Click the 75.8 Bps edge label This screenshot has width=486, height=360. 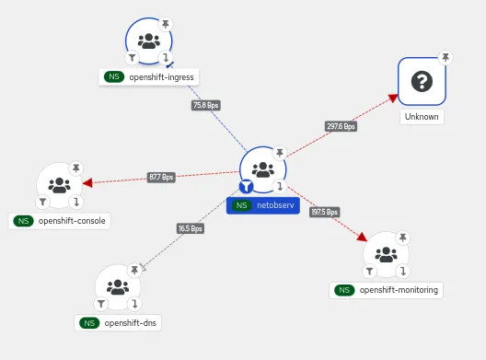pos(206,106)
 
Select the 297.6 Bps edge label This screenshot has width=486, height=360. pos(341,126)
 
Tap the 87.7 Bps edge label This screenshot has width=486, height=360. pos(161,177)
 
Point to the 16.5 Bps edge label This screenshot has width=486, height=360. pos(191,228)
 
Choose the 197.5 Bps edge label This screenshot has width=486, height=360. pos(325,212)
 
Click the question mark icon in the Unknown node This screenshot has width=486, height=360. pos(422,82)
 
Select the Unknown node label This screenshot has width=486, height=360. pos(422,117)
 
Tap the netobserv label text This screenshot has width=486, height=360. pos(275,205)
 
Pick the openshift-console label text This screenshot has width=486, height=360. pos(72,221)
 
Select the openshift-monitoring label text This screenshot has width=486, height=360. pos(399,290)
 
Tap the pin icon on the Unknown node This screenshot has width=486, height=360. pos(445,57)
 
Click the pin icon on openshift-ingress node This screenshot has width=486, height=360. pos(167,22)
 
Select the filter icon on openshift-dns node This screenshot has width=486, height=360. pos(102,304)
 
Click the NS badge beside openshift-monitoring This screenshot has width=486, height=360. pos(344,290)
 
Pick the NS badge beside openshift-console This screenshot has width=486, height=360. pos(24,221)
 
